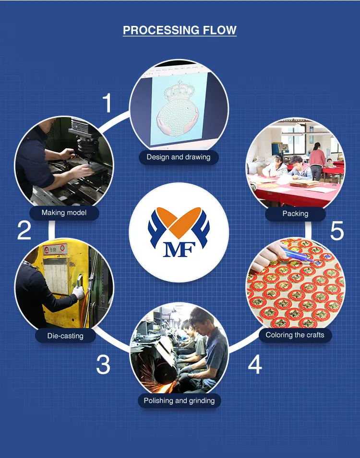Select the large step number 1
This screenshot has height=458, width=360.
coord(108,103)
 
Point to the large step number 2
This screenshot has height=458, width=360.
coord(24,230)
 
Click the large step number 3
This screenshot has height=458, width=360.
coord(103,364)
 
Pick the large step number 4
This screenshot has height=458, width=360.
coord(255,364)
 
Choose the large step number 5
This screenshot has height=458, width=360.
coord(337,231)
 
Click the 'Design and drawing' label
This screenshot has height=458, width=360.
coord(179,157)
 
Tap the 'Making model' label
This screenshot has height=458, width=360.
coord(64,212)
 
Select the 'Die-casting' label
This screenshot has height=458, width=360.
coord(65,336)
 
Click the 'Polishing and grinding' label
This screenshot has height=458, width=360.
coord(179,400)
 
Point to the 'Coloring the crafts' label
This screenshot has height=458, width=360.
coord(295,335)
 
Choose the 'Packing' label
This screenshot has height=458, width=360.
coord(295,213)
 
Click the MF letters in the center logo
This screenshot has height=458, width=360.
coord(179,250)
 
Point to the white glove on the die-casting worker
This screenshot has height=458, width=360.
coord(78,292)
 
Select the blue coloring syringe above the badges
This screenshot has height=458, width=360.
coord(299,255)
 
